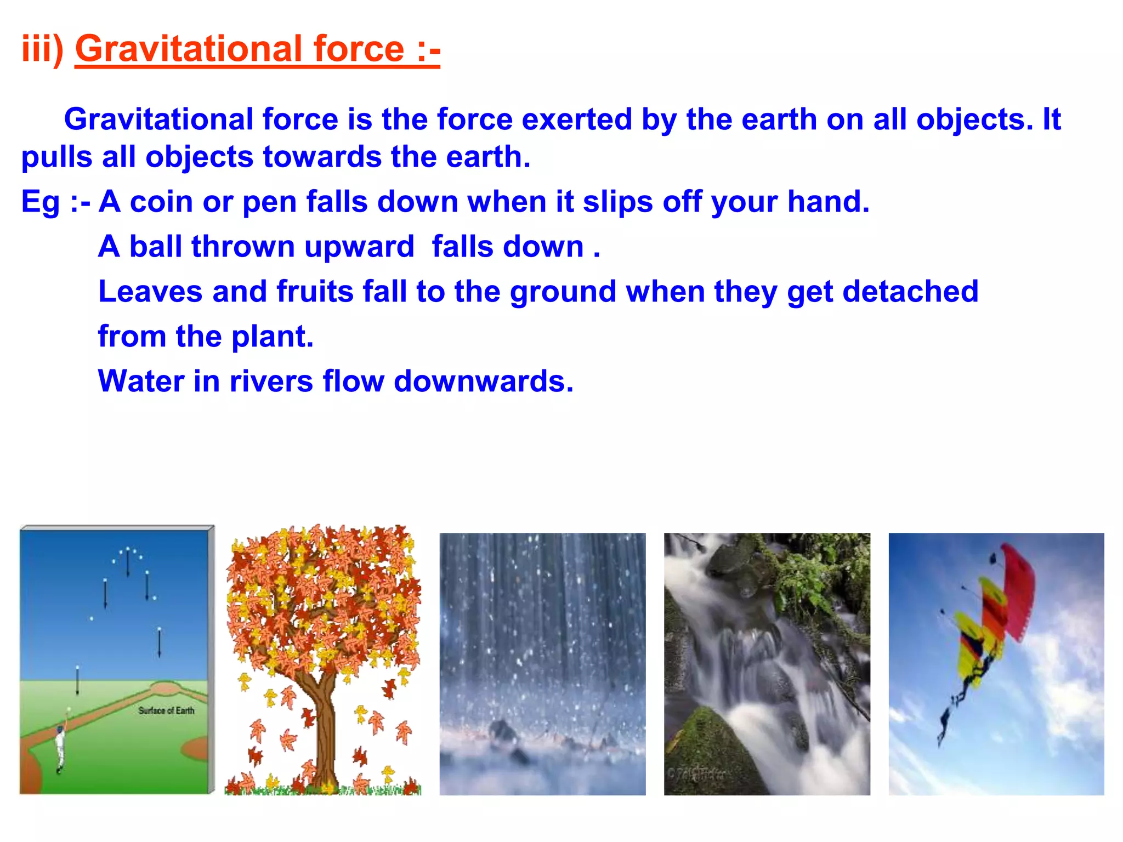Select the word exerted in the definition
coord(576,120)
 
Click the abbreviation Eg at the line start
coord(40,202)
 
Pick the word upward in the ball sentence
coord(359,247)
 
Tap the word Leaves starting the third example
coord(150,291)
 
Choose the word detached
coord(910,291)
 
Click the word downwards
coord(483,381)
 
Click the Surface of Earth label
coord(166,710)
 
